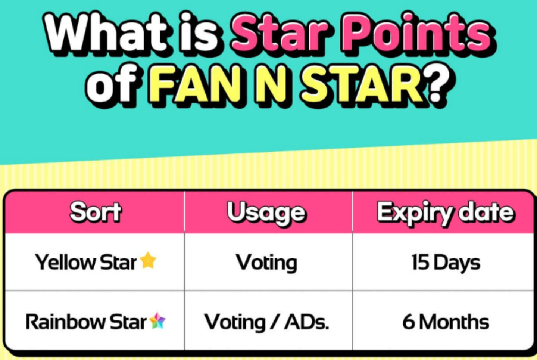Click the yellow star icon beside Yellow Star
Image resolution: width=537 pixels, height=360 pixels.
click(x=148, y=260)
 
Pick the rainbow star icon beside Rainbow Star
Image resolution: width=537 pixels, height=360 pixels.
click(x=157, y=321)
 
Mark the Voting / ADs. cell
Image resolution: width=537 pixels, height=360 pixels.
click(x=266, y=322)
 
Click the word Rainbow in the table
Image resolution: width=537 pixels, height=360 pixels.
click(x=65, y=322)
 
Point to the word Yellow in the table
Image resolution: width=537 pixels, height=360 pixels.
click(x=65, y=262)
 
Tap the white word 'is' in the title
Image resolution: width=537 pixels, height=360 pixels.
click(x=199, y=32)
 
